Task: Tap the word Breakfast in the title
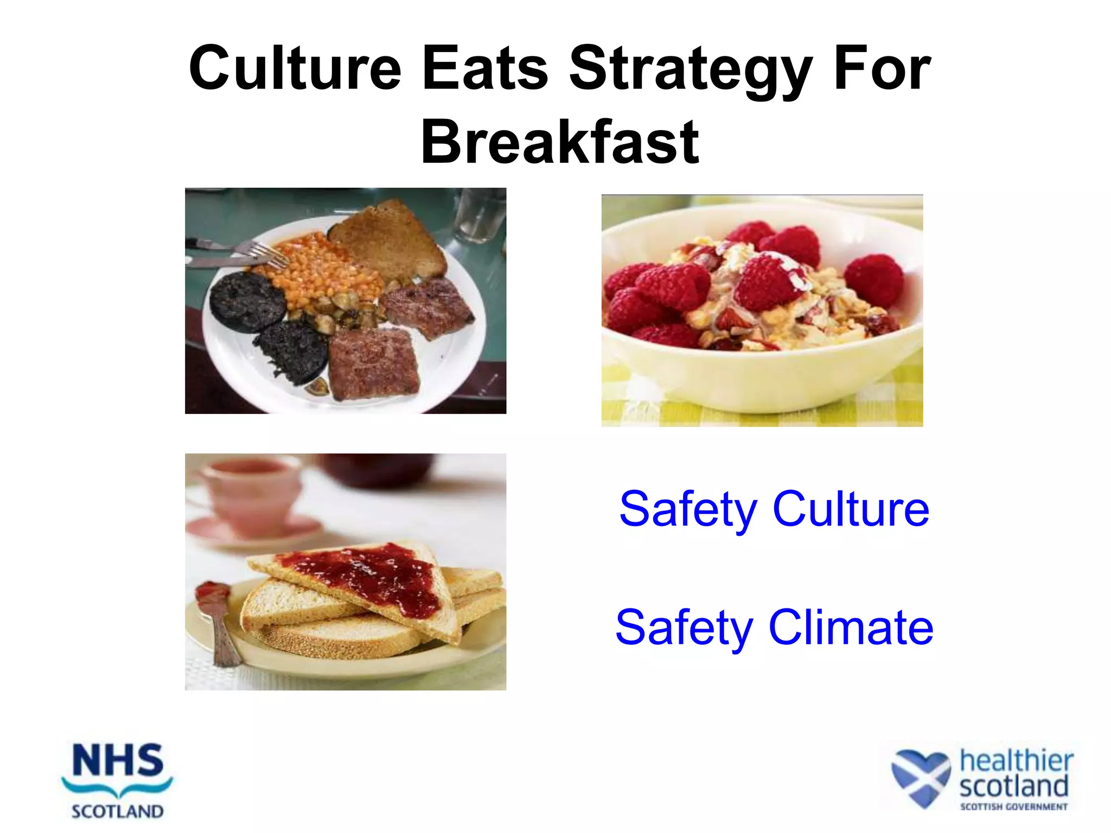tap(559, 142)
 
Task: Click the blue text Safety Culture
tap(774, 509)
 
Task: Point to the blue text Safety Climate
tap(774, 627)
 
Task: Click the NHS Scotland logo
tap(117, 781)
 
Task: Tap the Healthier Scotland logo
tap(982, 780)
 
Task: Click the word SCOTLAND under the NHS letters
tap(117, 811)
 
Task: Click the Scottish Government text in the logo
tap(1013, 807)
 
